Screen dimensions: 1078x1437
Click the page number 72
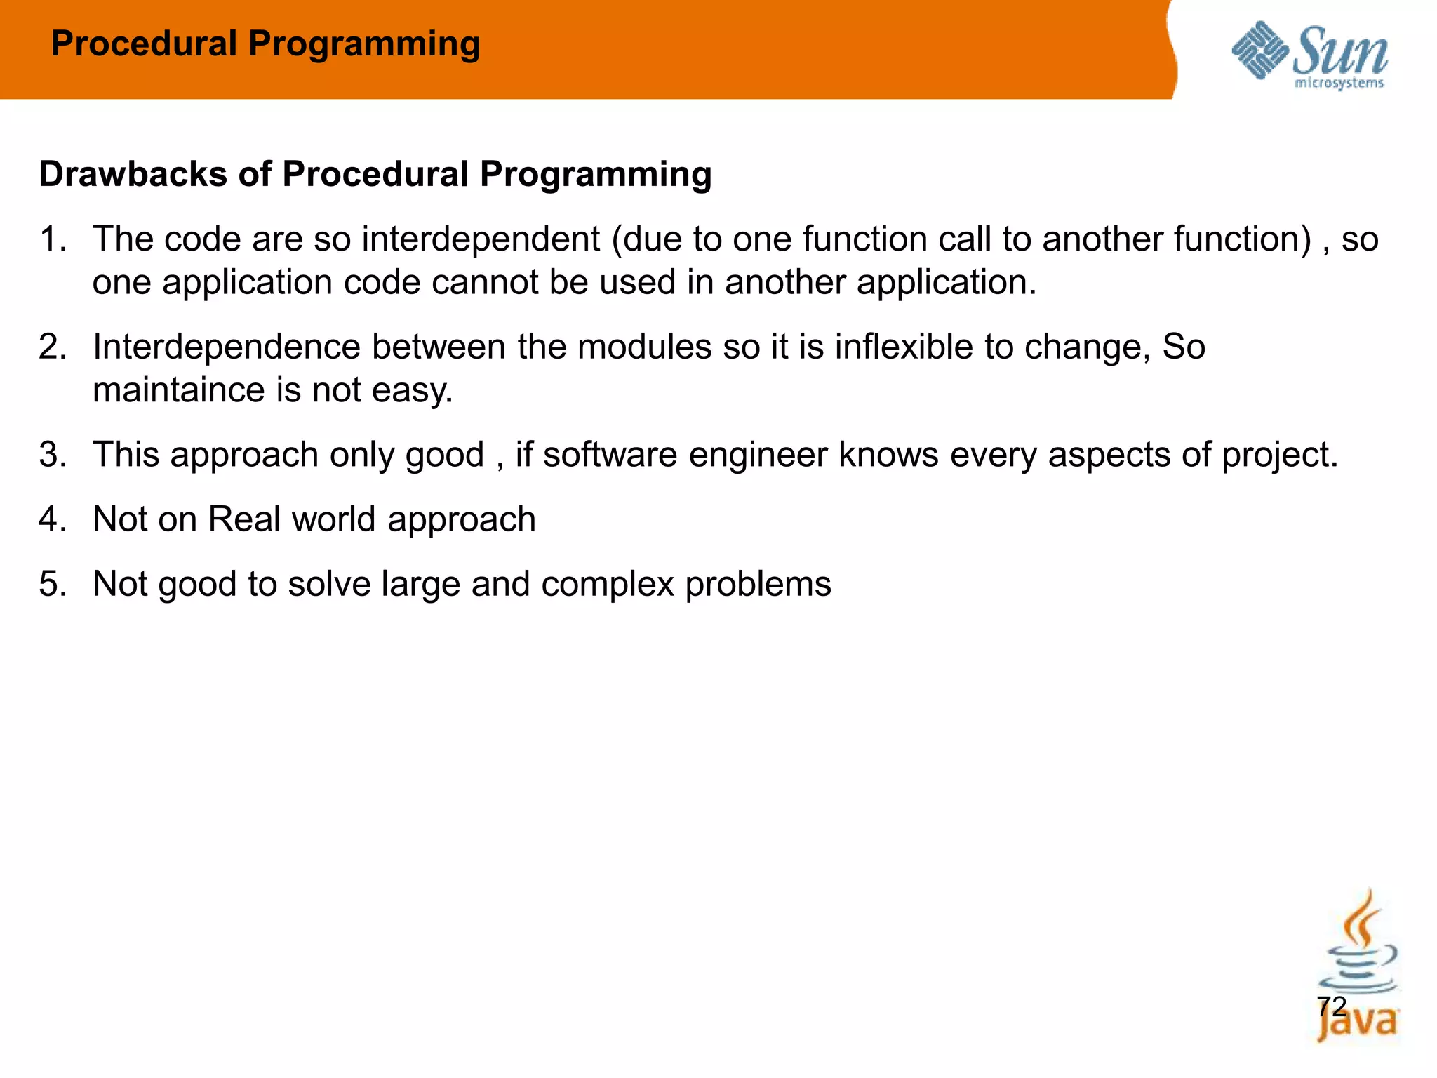click(1331, 1006)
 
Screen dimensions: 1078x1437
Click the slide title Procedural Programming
click(265, 44)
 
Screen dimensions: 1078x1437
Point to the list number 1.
click(53, 239)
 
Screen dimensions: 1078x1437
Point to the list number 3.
click(53, 454)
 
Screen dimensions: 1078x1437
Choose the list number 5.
click(53, 583)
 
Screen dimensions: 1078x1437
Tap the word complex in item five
click(607, 584)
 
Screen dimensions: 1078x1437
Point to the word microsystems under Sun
click(1339, 84)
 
